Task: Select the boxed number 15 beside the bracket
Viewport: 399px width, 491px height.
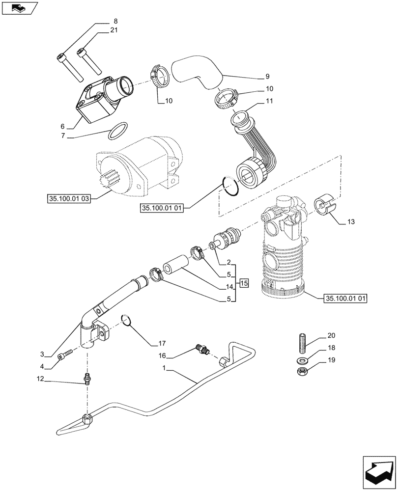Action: (245, 283)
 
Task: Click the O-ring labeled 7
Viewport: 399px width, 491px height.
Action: (118, 131)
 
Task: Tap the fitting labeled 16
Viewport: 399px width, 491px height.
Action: (202, 349)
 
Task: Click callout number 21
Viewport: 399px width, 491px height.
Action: (114, 31)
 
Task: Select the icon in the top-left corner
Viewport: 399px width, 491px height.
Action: (19, 8)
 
